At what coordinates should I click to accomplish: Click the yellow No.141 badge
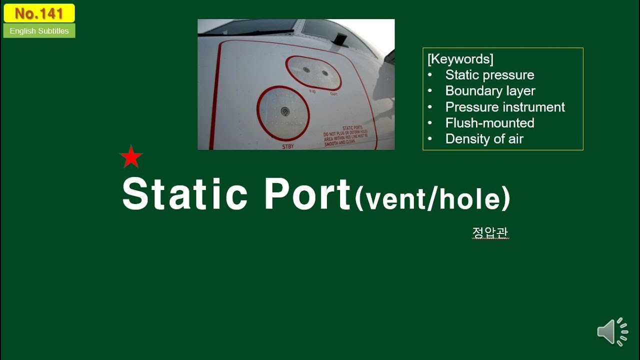pos(39,13)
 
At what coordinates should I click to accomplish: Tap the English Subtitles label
pos(39,31)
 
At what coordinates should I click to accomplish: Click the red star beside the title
pos(131,157)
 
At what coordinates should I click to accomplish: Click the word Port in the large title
pos(307,194)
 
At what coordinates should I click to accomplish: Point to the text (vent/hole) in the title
pos(432,198)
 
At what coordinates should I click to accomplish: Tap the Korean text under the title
pos(490,233)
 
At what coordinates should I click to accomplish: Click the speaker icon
pos(612,331)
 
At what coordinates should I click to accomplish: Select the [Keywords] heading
pos(460,59)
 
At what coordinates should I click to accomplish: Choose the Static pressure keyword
pos(489,75)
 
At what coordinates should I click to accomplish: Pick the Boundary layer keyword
pos(490,91)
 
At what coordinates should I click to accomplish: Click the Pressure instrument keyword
pos(505,107)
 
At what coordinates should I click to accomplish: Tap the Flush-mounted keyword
pos(489,123)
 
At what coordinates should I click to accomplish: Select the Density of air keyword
pos(484,139)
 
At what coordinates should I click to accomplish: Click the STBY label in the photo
pos(288,146)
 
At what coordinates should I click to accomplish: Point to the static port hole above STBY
pos(285,111)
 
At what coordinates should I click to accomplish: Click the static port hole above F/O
pos(306,70)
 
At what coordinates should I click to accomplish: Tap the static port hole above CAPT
pos(325,73)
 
